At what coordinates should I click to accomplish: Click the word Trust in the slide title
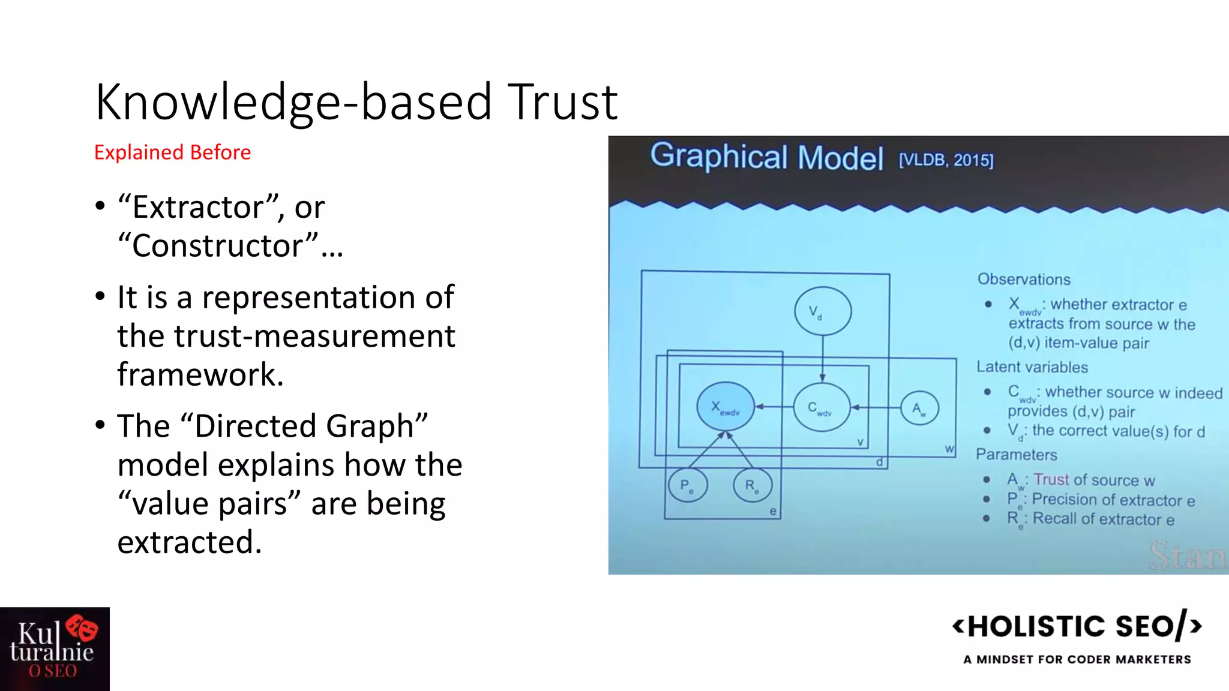pyautogui.click(x=562, y=102)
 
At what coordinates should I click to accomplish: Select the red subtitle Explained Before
pyautogui.click(x=172, y=152)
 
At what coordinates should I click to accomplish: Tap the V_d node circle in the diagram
pyautogui.click(x=823, y=311)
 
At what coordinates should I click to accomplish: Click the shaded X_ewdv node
pyautogui.click(x=726, y=407)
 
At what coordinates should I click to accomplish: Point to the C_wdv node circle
pyautogui.click(x=822, y=407)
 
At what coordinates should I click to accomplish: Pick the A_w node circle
pyautogui.click(x=919, y=408)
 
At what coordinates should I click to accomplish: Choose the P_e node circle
pyautogui.click(x=688, y=485)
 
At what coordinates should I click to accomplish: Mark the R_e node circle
pyautogui.click(x=753, y=485)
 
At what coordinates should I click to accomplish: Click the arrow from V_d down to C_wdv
pyautogui.click(x=823, y=359)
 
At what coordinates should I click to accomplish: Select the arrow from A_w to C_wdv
pyautogui.click(x=876, y=408)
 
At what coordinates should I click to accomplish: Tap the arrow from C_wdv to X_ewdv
pyautogui.click(x=774, y=407)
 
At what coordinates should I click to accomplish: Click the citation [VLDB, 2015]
pyautogui.click(x=946, y=160)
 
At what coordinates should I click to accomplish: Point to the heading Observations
pyautogui.click(x=1024, y=280)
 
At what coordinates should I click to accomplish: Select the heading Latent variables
pyautogui.click(x=1032, y=367)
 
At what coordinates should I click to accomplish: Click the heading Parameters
pyautogui.click(x=1016, y=455)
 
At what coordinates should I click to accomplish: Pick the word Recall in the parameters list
pyautogui.click(x=1054, y=519)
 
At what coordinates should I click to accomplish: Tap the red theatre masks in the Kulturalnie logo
pyautogui.click(x=82, y=628)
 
